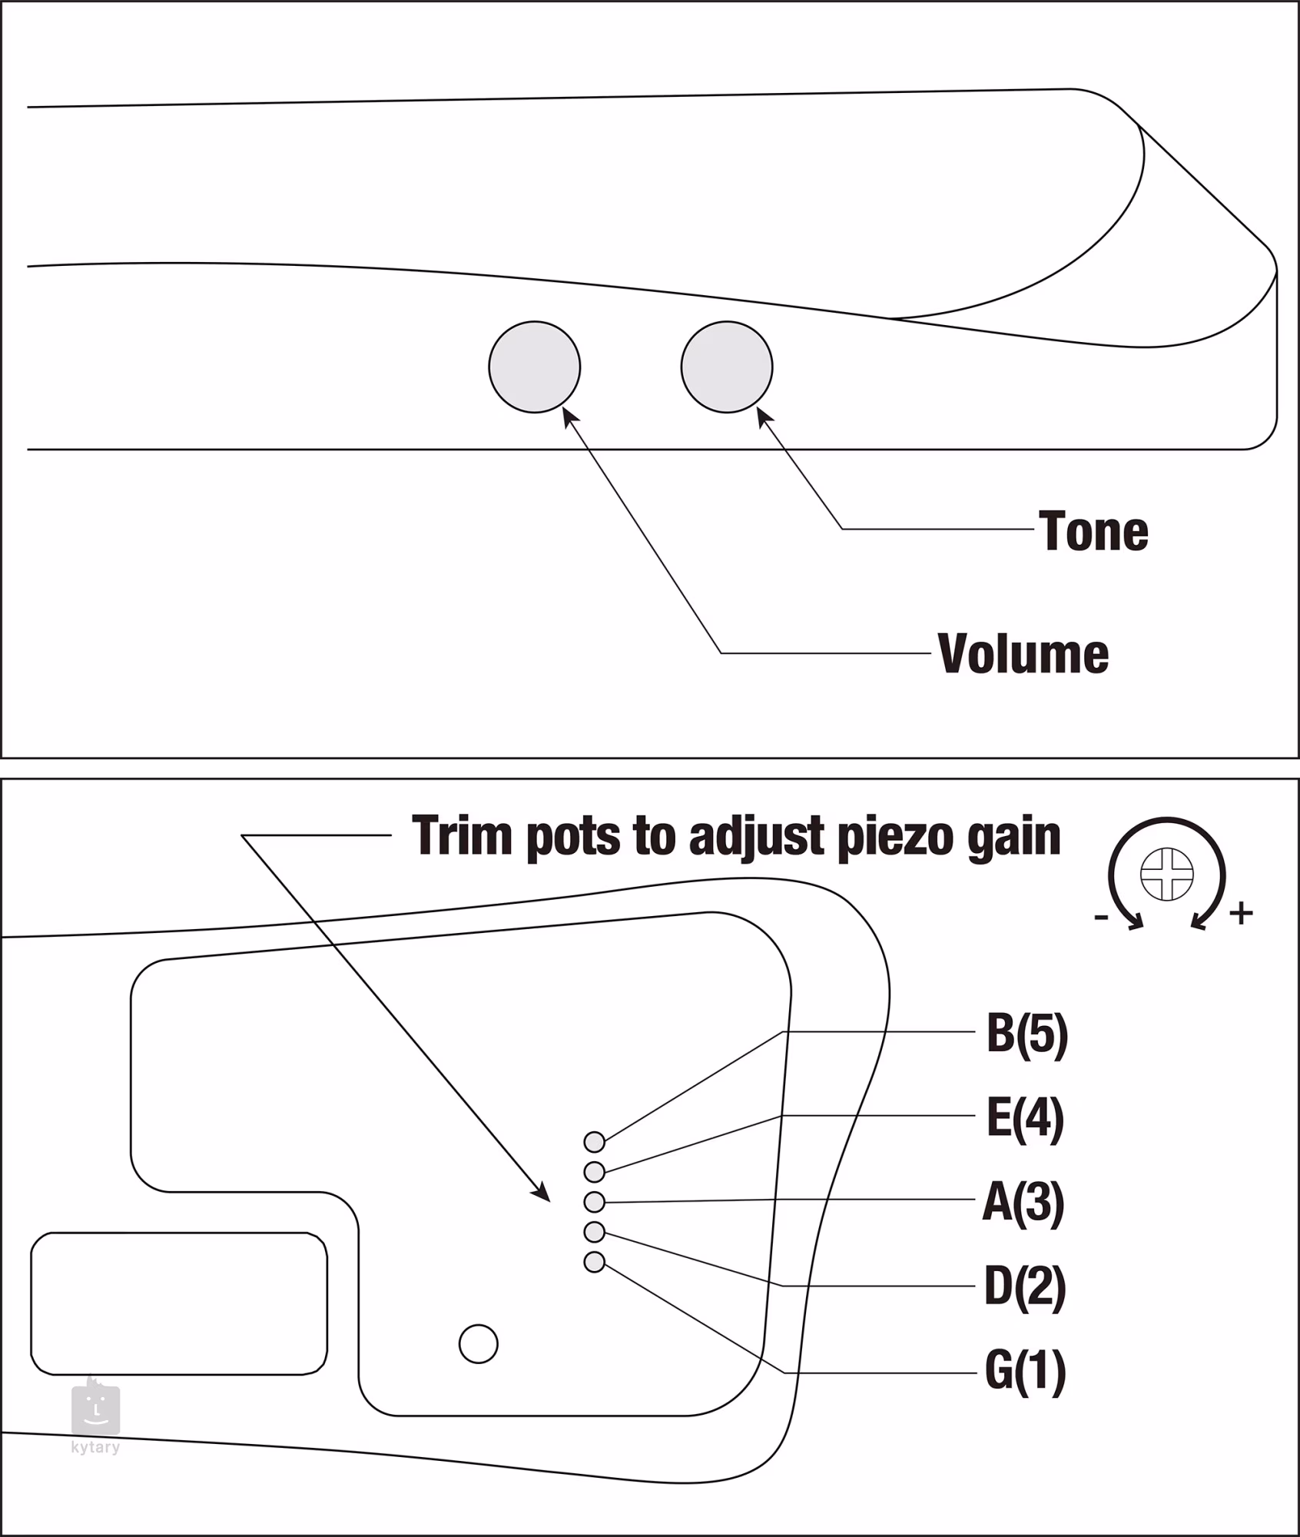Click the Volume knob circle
pos(534,367)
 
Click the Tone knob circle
pos(726,367)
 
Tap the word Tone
pos(1093,531)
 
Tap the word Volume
pos(1023,654)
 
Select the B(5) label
pos(1026,1034)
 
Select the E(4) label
pos(1025,1117)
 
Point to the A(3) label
pos(1023,1202)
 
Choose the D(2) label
pos(1025,1286)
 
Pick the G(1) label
pos(1025,1370)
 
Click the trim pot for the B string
pos(594,1142)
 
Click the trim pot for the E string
pos(594,1172)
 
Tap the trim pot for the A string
pos(594,1202)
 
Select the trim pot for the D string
pos(594,1232)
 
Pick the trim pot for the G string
pos(594,1262)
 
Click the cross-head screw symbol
pos(1166,874)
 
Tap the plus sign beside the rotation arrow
pos(1241,913)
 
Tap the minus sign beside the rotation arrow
pos(1101,917)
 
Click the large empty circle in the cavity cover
pos(478,1344)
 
